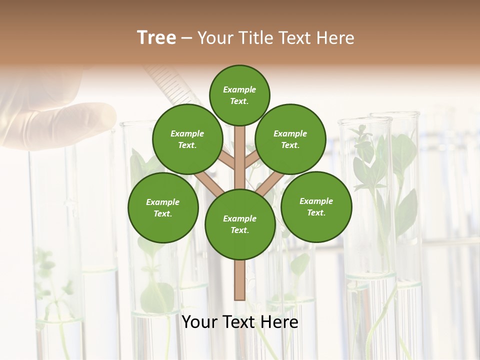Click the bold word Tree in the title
tap(156, 38)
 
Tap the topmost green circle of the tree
tap(239, 95)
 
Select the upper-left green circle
tap(187, 139)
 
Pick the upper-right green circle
tap(290, 139)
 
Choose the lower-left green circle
tap(163, 207)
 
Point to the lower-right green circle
tap(316, 206)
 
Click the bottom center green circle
tap(240, 224)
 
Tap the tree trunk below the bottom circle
tap(240, 280)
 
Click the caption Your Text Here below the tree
tap(240, 322)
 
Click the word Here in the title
tap(335, 38)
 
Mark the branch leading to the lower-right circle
tap(268, 183)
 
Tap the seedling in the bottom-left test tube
tap(52, 290)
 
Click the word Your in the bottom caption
tap(200, 322)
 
